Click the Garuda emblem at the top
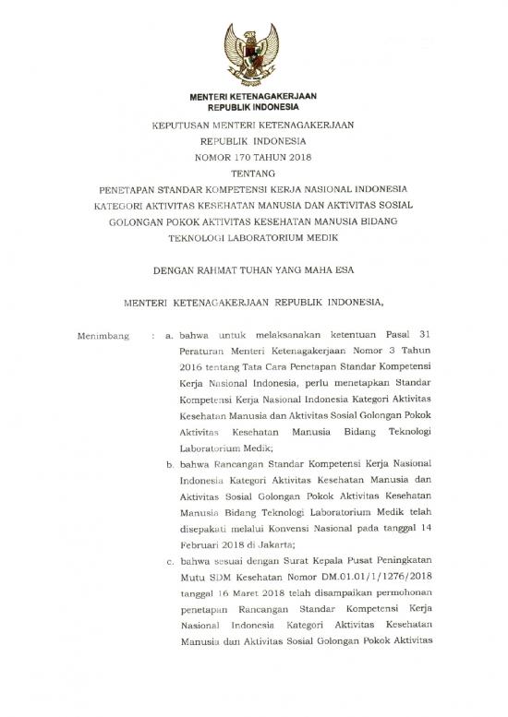tap(253, 52)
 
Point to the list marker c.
tap(170, 560)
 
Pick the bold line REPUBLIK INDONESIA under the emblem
tap(253, 107)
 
